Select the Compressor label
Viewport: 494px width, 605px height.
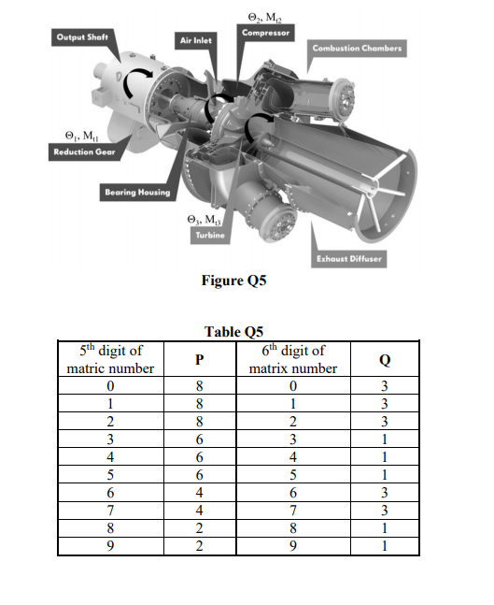coord(265,33)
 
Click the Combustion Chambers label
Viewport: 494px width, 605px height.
coord(357,48)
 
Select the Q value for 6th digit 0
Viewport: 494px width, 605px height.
coord(384,383)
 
